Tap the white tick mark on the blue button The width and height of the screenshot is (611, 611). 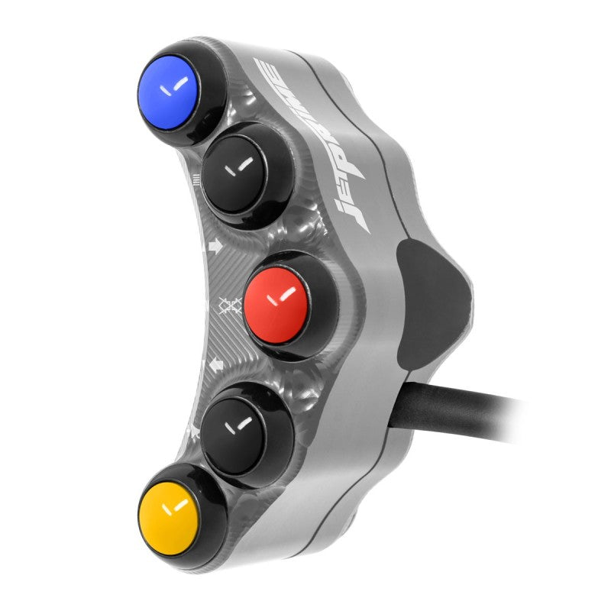(175, 89)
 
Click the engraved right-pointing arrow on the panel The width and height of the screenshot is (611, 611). (215, 247)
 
